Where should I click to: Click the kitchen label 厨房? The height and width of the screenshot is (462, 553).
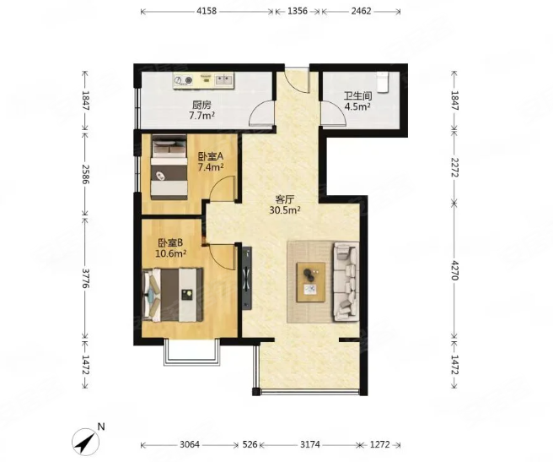click(201, 105)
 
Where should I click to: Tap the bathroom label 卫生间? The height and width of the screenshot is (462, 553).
click(358, 95)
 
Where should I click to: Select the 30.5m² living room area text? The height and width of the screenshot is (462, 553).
click(285, 210)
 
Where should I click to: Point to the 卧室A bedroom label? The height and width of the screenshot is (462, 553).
click(211, 156)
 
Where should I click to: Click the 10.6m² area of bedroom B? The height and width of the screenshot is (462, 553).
click(170, 253)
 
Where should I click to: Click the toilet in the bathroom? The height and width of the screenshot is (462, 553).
click(383, 82)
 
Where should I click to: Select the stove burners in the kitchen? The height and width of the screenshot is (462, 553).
click(184, 81)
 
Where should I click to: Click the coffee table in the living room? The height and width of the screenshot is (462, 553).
click(311, 282)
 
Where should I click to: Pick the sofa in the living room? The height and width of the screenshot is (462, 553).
click(346, 282)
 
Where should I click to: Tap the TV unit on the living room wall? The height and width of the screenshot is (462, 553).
click(247, 278)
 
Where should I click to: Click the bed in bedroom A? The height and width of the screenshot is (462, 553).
click(169, 167)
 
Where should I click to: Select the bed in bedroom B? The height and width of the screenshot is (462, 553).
click(172, 295)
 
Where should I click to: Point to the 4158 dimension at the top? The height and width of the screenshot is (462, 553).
click(207, 11)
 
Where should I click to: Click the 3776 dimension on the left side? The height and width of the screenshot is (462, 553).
click(85, 278)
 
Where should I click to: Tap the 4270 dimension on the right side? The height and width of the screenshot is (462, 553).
click(454, 270)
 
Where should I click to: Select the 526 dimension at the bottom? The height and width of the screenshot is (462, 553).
click(250, 444)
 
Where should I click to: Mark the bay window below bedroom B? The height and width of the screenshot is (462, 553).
click(192, 352)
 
